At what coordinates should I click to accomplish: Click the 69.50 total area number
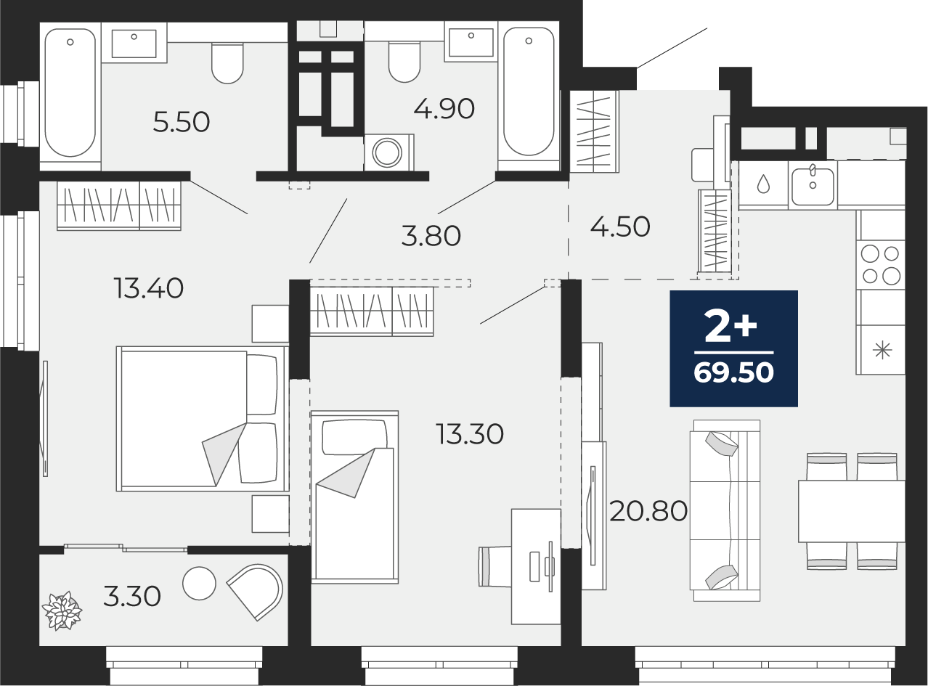pos(733,372)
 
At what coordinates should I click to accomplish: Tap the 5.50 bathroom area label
pos(181,123)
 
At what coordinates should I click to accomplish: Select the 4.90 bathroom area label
pos(444,109)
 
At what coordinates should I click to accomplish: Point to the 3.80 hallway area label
pos(431,236)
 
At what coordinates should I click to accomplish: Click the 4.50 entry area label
pos(620,227)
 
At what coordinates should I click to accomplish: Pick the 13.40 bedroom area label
pos(149,289)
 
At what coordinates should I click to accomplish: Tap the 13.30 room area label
pos(469,434)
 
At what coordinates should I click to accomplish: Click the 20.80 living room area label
pos(648,511)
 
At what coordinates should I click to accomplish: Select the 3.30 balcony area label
pos(132,597)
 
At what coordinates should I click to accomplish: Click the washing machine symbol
pos(388,152)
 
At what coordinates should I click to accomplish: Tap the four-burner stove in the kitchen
pos(880,265)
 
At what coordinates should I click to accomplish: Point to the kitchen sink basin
pos(813,186)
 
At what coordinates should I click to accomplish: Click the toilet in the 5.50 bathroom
pos(227,63)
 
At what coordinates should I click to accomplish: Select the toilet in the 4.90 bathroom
pos(404,62)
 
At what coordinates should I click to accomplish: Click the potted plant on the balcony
pos(62,611)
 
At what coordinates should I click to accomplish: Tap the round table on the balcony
pos(199,584)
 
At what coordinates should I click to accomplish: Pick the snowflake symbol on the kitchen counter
pos(882,350)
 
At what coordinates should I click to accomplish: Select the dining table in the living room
pos(852,511)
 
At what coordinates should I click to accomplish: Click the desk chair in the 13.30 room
pos(495,566)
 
